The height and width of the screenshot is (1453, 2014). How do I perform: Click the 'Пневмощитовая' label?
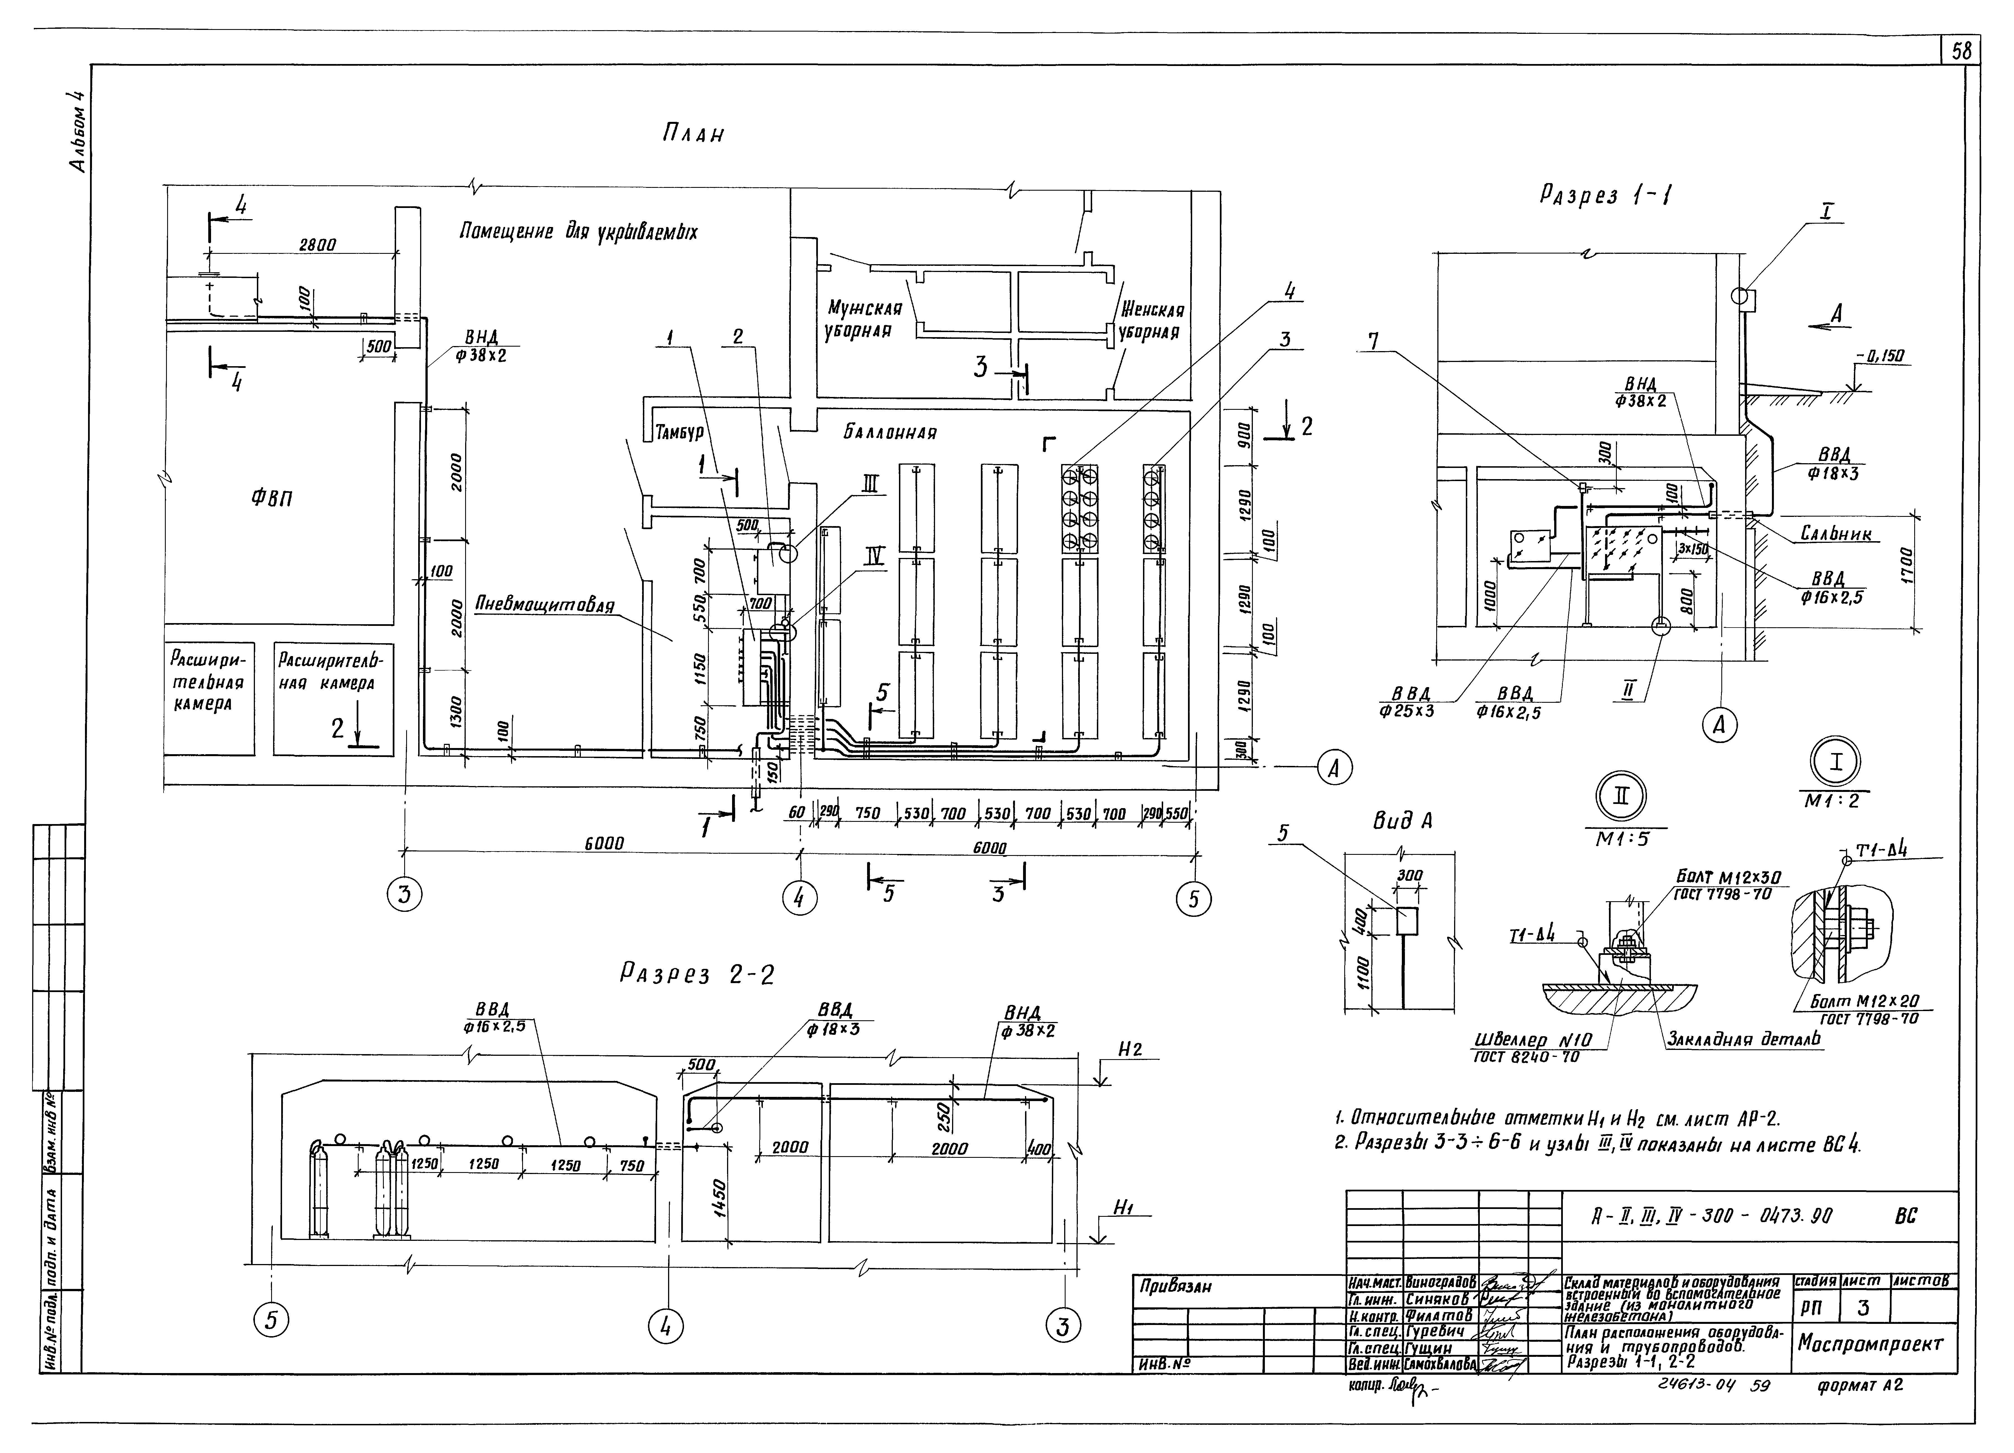(x=544, y=605)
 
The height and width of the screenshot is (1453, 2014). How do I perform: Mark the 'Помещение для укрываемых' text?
(x=578, y=233)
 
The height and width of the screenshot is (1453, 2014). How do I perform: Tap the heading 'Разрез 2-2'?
(x=697, y=975)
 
